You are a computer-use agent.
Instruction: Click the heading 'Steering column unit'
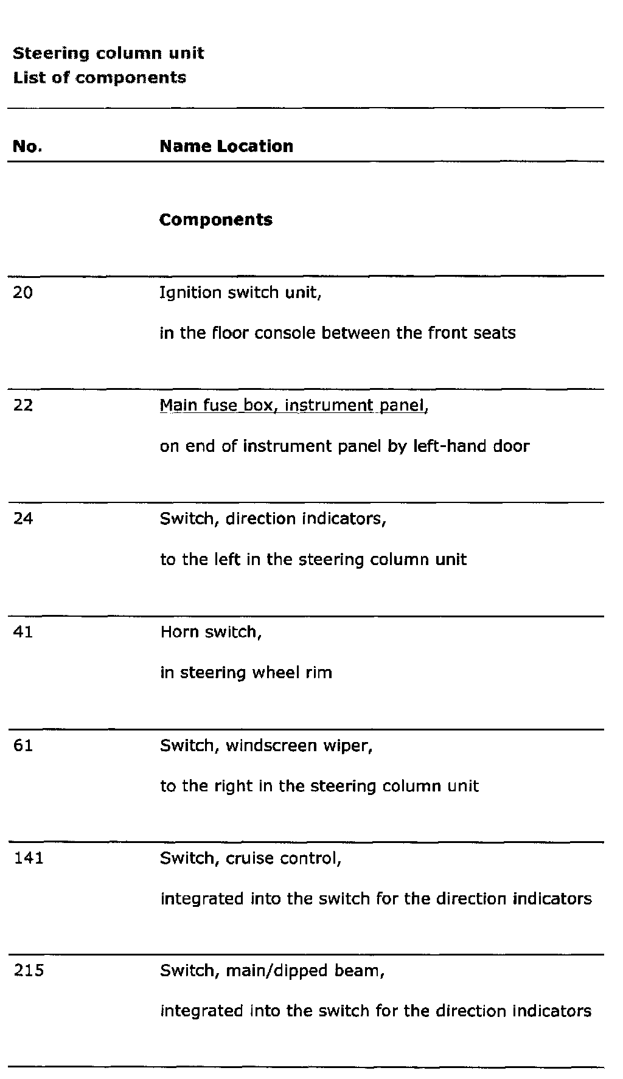point(108,54)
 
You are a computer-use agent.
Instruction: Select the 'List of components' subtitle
point(100,78)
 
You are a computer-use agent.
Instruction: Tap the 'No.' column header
point(27,147)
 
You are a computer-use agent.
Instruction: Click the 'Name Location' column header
point(226,147)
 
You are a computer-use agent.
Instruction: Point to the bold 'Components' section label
point(216,220)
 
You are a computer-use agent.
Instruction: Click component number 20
point(23,293)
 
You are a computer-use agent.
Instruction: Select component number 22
point(23,406)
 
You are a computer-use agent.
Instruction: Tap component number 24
point(23,519)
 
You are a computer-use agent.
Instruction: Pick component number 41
point(23,633)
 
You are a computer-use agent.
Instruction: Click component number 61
point(23,746)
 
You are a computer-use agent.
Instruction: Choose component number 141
point(28,858)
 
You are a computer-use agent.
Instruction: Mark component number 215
point(29,971)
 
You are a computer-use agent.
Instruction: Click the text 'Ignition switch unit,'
point(240,293)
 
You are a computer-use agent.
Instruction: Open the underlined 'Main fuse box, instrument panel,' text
point(294,406)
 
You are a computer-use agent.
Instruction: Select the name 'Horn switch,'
point(211,633)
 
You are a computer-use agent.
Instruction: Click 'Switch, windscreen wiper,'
point(266,746)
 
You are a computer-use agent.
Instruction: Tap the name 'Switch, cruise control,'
point(251,858)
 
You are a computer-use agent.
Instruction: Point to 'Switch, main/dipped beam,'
point(273,971)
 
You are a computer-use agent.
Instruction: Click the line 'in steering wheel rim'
point(246,673)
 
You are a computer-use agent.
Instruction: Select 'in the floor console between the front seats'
point(338,333)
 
